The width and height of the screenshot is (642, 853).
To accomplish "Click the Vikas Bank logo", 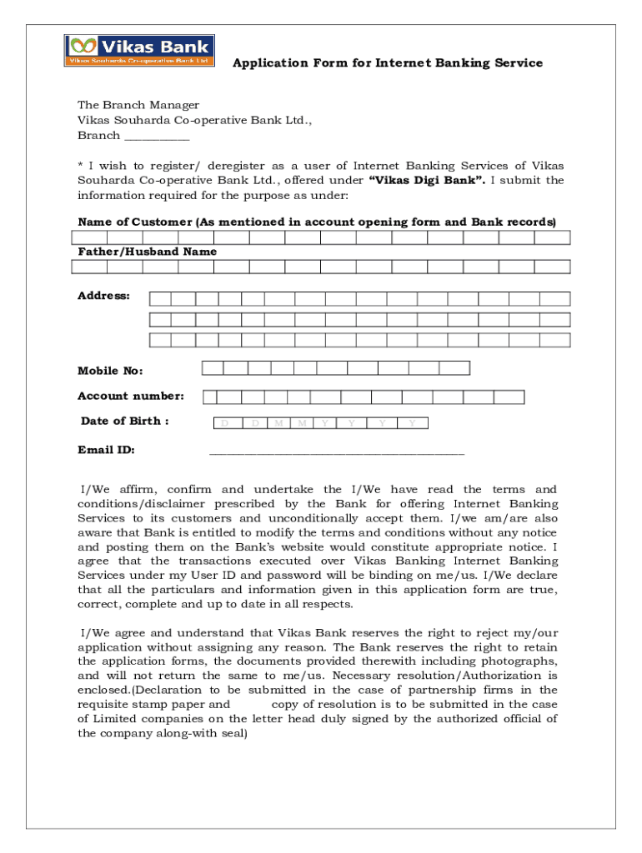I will click(139, 50).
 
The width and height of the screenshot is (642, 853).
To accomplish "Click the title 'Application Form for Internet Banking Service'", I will click(387, 63).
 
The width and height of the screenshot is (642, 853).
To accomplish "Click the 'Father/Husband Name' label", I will click(147, 252).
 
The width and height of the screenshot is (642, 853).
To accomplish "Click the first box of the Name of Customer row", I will click(89, 237).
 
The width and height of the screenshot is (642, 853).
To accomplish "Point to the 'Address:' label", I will click(103, 296).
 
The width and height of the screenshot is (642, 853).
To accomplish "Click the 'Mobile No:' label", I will click(110, 371).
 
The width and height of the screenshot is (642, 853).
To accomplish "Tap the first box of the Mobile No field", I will click(213, 368).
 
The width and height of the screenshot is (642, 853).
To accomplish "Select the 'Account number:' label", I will click(130, 397).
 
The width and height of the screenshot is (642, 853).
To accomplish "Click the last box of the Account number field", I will click(509, 397).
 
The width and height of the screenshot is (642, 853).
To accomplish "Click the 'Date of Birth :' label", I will click(125, 422).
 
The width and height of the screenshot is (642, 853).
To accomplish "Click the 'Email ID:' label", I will click(106, 451).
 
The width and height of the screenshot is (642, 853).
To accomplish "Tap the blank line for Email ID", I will click(336, 452).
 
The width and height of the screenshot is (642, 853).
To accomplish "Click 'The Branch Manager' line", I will click(138, 105).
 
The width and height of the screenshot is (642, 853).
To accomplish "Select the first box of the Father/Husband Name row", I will click(89, 267).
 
